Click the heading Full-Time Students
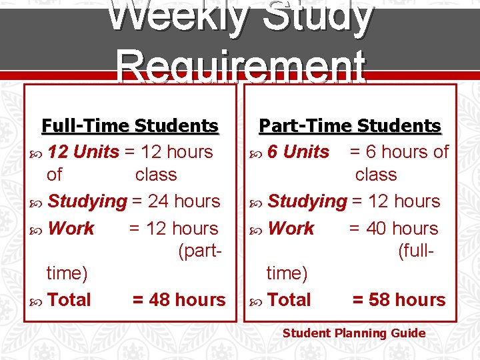coord(130,125)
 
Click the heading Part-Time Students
coord(350,125)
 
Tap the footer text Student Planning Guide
coord(354,333)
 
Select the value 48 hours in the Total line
coord(179,300)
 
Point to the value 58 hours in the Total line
coord(399,300)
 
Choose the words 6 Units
coord(298,152)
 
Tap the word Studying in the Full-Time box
coord(87,201)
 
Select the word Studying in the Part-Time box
coord(307,201)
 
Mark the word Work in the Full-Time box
coord(71,229)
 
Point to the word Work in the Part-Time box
coord(291,229)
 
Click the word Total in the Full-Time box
coord(69,300)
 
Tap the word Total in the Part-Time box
coord(289,300)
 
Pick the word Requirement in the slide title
coord(241,67)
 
